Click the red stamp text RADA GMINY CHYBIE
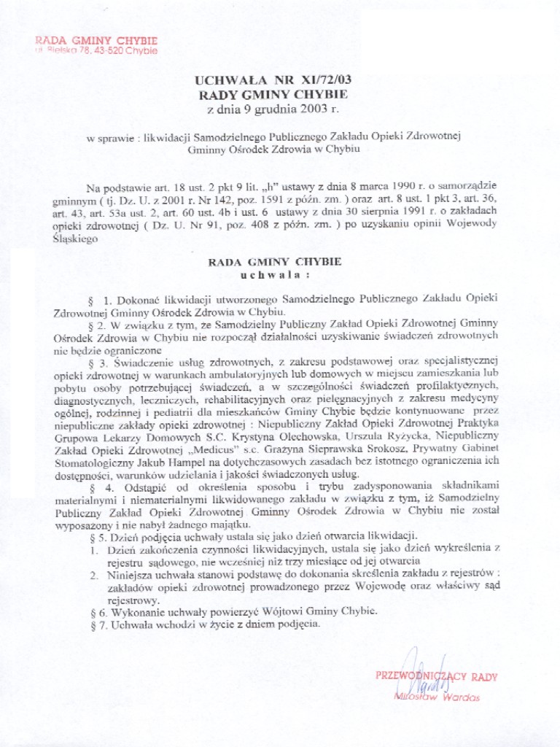click(96, 40)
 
